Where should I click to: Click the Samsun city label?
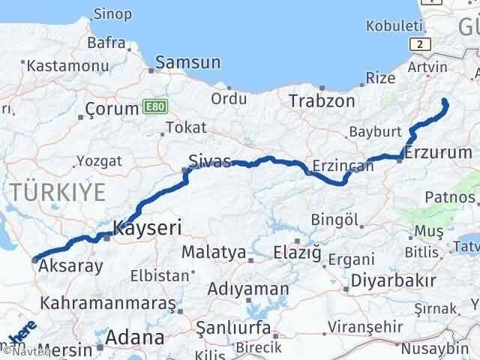(x=188, y=62)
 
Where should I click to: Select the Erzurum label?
(x=437, y=153)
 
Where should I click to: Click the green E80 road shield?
(x=151, y=108)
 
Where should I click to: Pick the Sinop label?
(x=113, y=14)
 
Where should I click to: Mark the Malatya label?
(x=214, y=252)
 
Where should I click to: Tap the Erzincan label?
(x=342, y=166)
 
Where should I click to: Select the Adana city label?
(x=135, y=337)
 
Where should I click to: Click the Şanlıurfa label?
(x=231, y=327)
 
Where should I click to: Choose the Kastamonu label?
(x=58, y=66)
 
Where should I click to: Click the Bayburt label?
(x=373, y=133)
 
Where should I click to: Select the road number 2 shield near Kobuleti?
(x=421, y=44)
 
